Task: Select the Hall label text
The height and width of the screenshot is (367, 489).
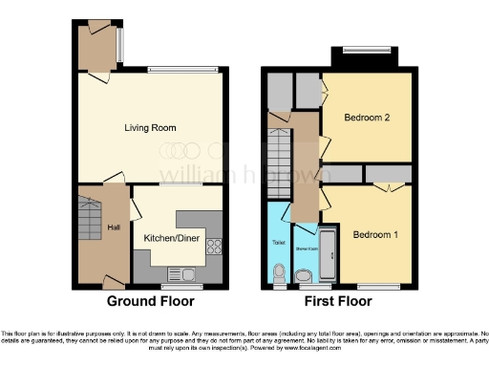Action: (114, 227)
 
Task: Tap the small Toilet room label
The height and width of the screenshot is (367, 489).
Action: (279, 243)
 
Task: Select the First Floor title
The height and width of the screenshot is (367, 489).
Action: (337, 300)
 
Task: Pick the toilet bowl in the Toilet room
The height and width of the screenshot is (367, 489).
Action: (279, 276)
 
